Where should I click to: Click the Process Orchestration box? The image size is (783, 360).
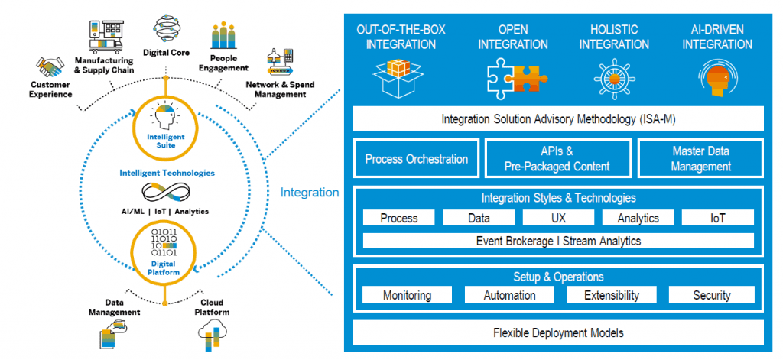tap(416, 159)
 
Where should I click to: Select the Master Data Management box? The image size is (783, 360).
tap(701, 159)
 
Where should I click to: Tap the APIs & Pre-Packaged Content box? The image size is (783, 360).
tap(557, 159)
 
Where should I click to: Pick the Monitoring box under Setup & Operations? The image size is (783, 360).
tap(407, 295)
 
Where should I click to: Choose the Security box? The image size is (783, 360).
tap(711, 295)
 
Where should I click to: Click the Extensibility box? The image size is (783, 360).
tap(611, 295)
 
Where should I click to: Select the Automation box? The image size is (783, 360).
tap(509, 295)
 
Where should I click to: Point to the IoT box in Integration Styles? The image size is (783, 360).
tap(716, 218)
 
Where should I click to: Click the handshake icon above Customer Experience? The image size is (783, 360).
tap(51, 66)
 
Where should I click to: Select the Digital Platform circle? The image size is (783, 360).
tap(165, 251)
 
